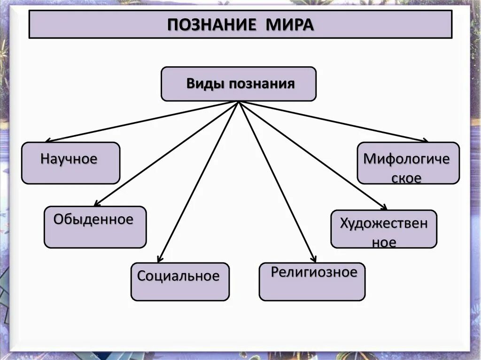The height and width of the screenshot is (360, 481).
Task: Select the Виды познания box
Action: pyautogui.click(x=239, y=84)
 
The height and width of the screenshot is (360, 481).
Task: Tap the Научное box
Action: pyautogui.click(x=70, y=162)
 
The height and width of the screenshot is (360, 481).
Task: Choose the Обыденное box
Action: pyautogui.click(x=95, y=227)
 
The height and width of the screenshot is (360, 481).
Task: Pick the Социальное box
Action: pyautogui.click(x=180, y=281)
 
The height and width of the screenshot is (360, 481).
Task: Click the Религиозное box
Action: pyautogui.click(x=312, y=281)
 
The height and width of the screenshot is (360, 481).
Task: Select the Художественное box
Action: pyautogui.click(x=384, y=229)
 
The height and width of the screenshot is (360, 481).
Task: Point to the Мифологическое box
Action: pyautogui.click(x=408, y=162)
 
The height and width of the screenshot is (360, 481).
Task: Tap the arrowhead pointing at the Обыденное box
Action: pyautogui.click(x=96, y=204)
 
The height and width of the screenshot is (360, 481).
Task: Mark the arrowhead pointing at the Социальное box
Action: pyautogui.click(x=160, y=259)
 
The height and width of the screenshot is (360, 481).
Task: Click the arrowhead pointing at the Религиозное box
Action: pyautogui.click(x=314, y=259)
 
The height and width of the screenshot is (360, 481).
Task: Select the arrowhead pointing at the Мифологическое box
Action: pyautogui.click(x=426, y=140)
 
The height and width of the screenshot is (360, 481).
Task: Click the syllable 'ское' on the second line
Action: pyautogui.click(x=406, y=178)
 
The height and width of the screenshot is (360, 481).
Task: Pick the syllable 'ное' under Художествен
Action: pyautogui.click(x=384, y=242)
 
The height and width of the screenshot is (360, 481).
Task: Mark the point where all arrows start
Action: pyautogui.click(x=239, y=102)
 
